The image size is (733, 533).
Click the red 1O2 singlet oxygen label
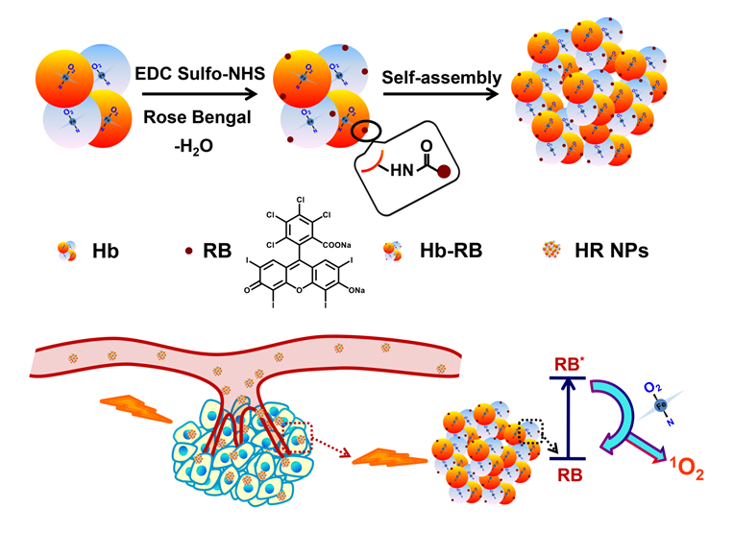click(x=680, y=471)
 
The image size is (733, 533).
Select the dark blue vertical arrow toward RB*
click(x=572, y=413)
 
